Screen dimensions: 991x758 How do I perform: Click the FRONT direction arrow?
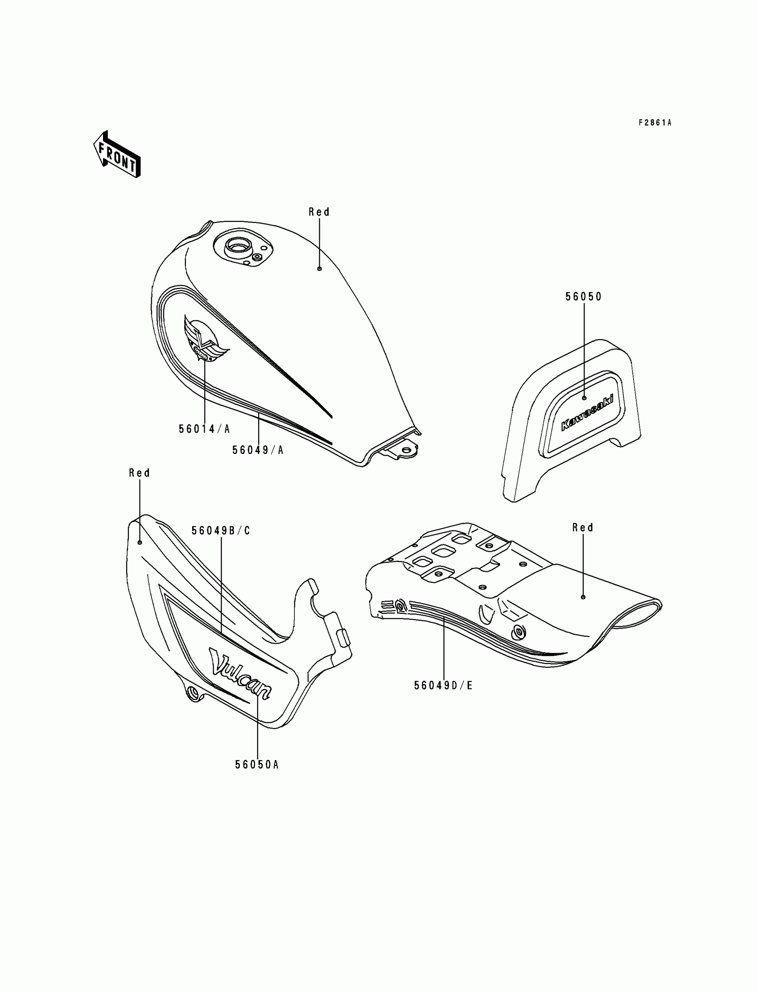(117, 154)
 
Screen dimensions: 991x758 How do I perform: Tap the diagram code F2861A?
(655, 123)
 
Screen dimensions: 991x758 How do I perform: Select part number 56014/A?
(204, 429)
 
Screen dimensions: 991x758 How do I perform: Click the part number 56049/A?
(258, 450)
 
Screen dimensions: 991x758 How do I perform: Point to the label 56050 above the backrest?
(583, 296)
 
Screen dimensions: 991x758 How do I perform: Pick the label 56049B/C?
(221, 530)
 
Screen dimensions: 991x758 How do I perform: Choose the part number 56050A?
(257, 765)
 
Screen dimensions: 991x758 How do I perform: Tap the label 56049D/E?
(443, 685)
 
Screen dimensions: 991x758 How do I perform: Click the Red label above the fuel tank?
(319, 212)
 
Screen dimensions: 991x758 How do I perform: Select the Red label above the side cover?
(140, 473)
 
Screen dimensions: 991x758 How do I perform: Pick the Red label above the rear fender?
(582, 527)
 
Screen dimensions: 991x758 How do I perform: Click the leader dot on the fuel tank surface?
(319, 269)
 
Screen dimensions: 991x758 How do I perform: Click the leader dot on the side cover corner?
(140, 542)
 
